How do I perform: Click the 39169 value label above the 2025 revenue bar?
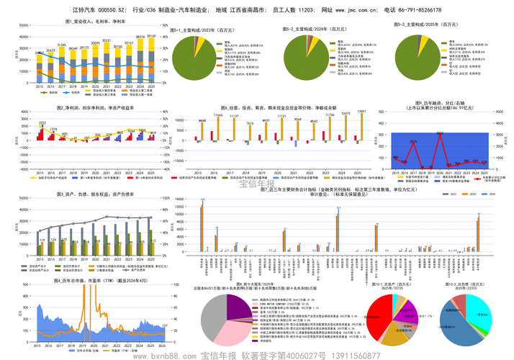(x=151, y=35)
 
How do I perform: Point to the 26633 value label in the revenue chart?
(x=50, y=51)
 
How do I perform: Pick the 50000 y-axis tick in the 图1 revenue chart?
(x=24, y=27)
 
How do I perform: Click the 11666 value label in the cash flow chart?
(x=218, y=115)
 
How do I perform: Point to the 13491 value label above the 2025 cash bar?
(x=362, y=112)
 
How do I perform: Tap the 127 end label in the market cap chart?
(x=165, y=327)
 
